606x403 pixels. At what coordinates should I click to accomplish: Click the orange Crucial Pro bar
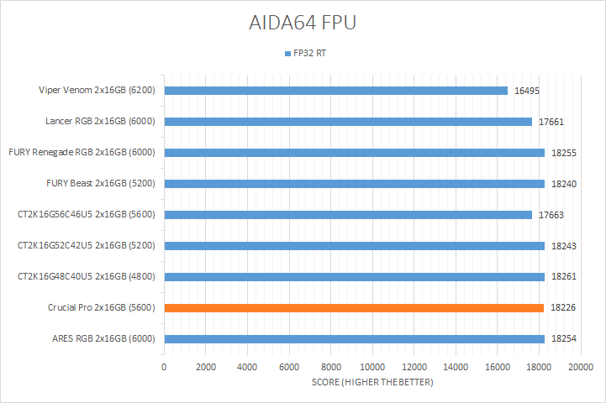point(354,308)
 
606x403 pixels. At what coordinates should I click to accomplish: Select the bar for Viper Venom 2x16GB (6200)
point(336,91)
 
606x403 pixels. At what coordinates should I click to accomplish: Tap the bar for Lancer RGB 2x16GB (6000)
point(348,122)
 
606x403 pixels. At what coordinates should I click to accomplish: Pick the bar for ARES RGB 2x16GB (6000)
point(354,339)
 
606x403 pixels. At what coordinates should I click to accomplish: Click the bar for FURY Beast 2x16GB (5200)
point(354,184)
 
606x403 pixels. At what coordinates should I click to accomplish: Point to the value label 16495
point(528,91)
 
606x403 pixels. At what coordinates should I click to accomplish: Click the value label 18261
point(564,277)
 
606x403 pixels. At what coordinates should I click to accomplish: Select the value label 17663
point(552,215)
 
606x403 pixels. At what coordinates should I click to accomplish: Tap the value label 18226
point(564,308)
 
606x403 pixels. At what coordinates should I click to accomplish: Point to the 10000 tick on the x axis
point(372,368)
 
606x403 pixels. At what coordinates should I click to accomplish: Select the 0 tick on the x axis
point(164,368)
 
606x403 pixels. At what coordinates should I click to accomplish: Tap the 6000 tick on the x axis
point(289,368)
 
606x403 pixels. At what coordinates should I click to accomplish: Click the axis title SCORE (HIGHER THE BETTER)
point(372,383)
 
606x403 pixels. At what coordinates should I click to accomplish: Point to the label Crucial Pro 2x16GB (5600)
point(103,308)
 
